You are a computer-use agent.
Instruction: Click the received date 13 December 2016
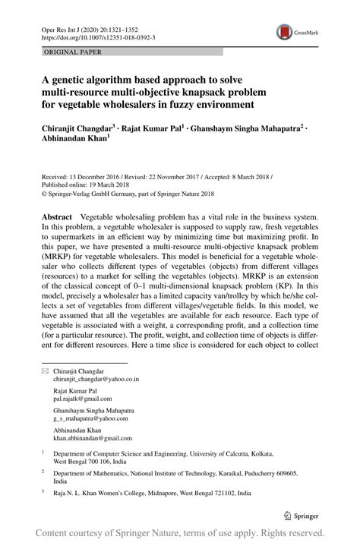(x=96, y=173)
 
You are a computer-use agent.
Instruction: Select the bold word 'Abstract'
(x=57, y=217)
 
